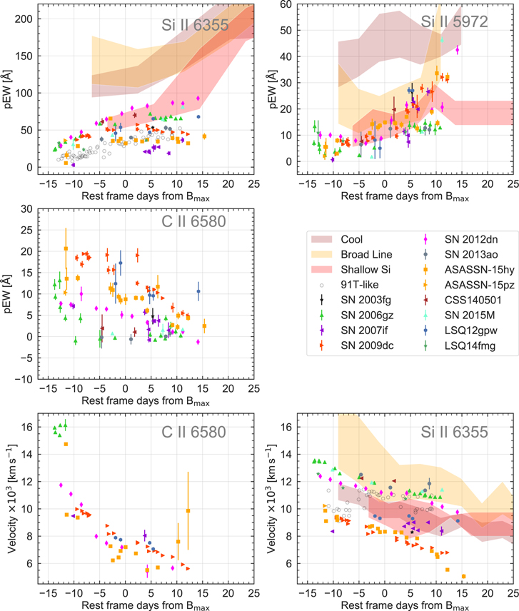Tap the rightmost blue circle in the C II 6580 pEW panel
198,291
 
